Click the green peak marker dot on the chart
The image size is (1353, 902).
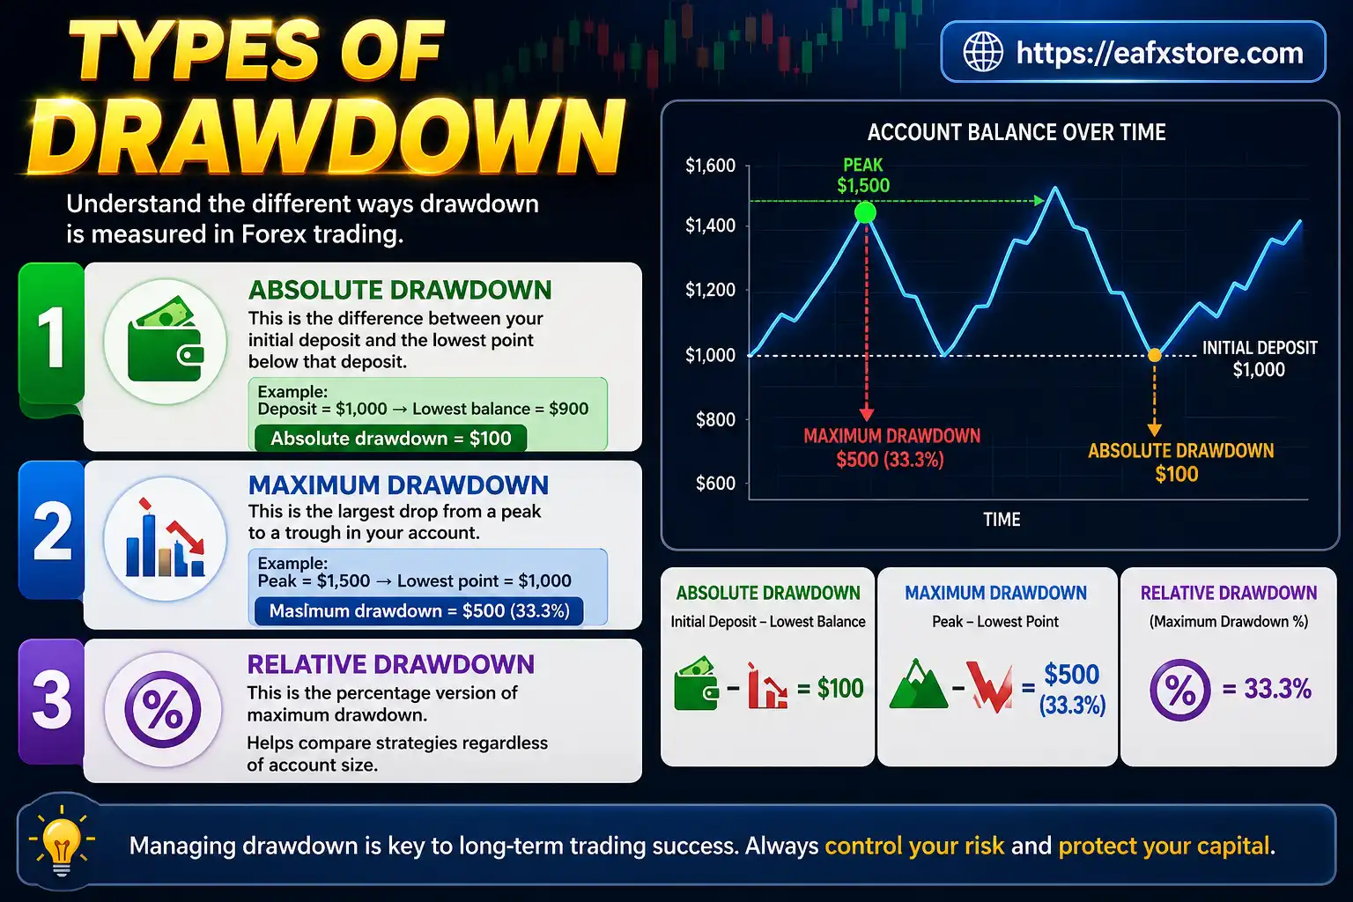[x=865, y=212]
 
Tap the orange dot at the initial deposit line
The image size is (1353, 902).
[x=1154, y=355]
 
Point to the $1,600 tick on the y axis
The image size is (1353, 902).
[x=710, y=166]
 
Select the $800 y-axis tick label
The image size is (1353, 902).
[x=715, y=419]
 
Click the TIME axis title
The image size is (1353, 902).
[x=1002, y=520]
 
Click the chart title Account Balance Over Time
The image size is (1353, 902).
[x=1016, y=133]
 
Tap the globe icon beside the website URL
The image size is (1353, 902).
[x=982, y=52]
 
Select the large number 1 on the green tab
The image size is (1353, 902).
[x=51, y=339]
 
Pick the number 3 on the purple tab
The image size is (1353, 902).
[x=51, y=700]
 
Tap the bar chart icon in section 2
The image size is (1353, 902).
[x=165, y=539]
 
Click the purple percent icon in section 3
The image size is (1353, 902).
[x=163, y=709]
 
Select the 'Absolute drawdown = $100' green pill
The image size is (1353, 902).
[x=390, y=439]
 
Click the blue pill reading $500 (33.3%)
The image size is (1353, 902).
[x=418, y=611]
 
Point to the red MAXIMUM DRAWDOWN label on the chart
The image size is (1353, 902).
[x=891, y=447]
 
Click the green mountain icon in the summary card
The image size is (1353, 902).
[x=917, y=686]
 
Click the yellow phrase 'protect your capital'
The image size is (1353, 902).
[x=1164, y=847]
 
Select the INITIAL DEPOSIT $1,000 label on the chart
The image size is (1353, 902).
[x=1259, y=359]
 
